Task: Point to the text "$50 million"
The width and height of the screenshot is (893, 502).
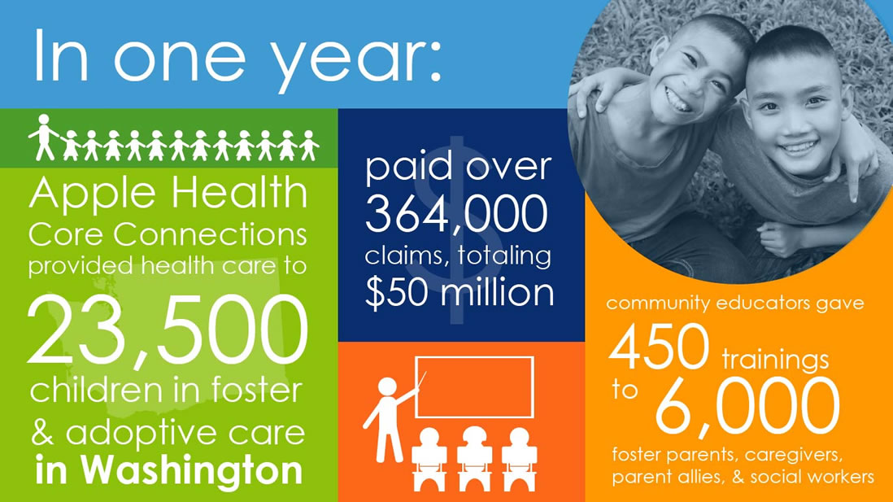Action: [x=459, y=293]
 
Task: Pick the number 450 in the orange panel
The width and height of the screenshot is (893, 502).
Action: [x=659, y=347]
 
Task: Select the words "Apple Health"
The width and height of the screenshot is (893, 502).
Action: [x=168, y=193]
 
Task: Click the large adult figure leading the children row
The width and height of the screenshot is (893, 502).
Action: [x=44, y=137]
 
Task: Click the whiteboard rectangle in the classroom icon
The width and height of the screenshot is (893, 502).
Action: [x=474, y=387]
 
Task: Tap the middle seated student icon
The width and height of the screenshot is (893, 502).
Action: [x=474, y=459]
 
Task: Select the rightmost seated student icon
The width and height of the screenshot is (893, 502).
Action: [x=519, y=459]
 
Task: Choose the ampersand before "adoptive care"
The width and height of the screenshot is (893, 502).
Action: [x=43, y=433]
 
